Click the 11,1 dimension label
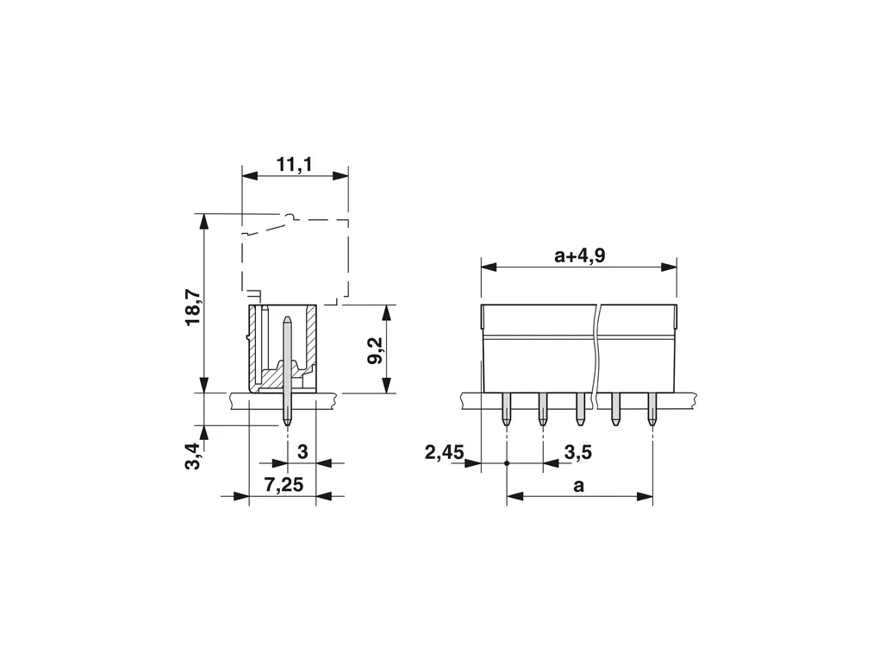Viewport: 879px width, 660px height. (x=295, y=165)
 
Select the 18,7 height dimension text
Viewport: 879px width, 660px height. (x=192, y=307)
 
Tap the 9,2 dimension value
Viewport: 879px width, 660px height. (x=375, y=350)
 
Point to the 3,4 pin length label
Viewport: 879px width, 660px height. (x=192, y=456)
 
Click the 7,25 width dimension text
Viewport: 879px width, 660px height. (x=284, y=484)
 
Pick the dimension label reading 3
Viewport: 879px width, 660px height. (x=302, y=451)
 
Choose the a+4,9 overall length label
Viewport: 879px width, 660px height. (x=580, y=256)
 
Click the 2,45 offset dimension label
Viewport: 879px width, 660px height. (x=445, y=451)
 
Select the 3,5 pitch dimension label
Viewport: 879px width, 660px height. (x=578, y=451)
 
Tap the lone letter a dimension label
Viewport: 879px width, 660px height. (x=578, y=486)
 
